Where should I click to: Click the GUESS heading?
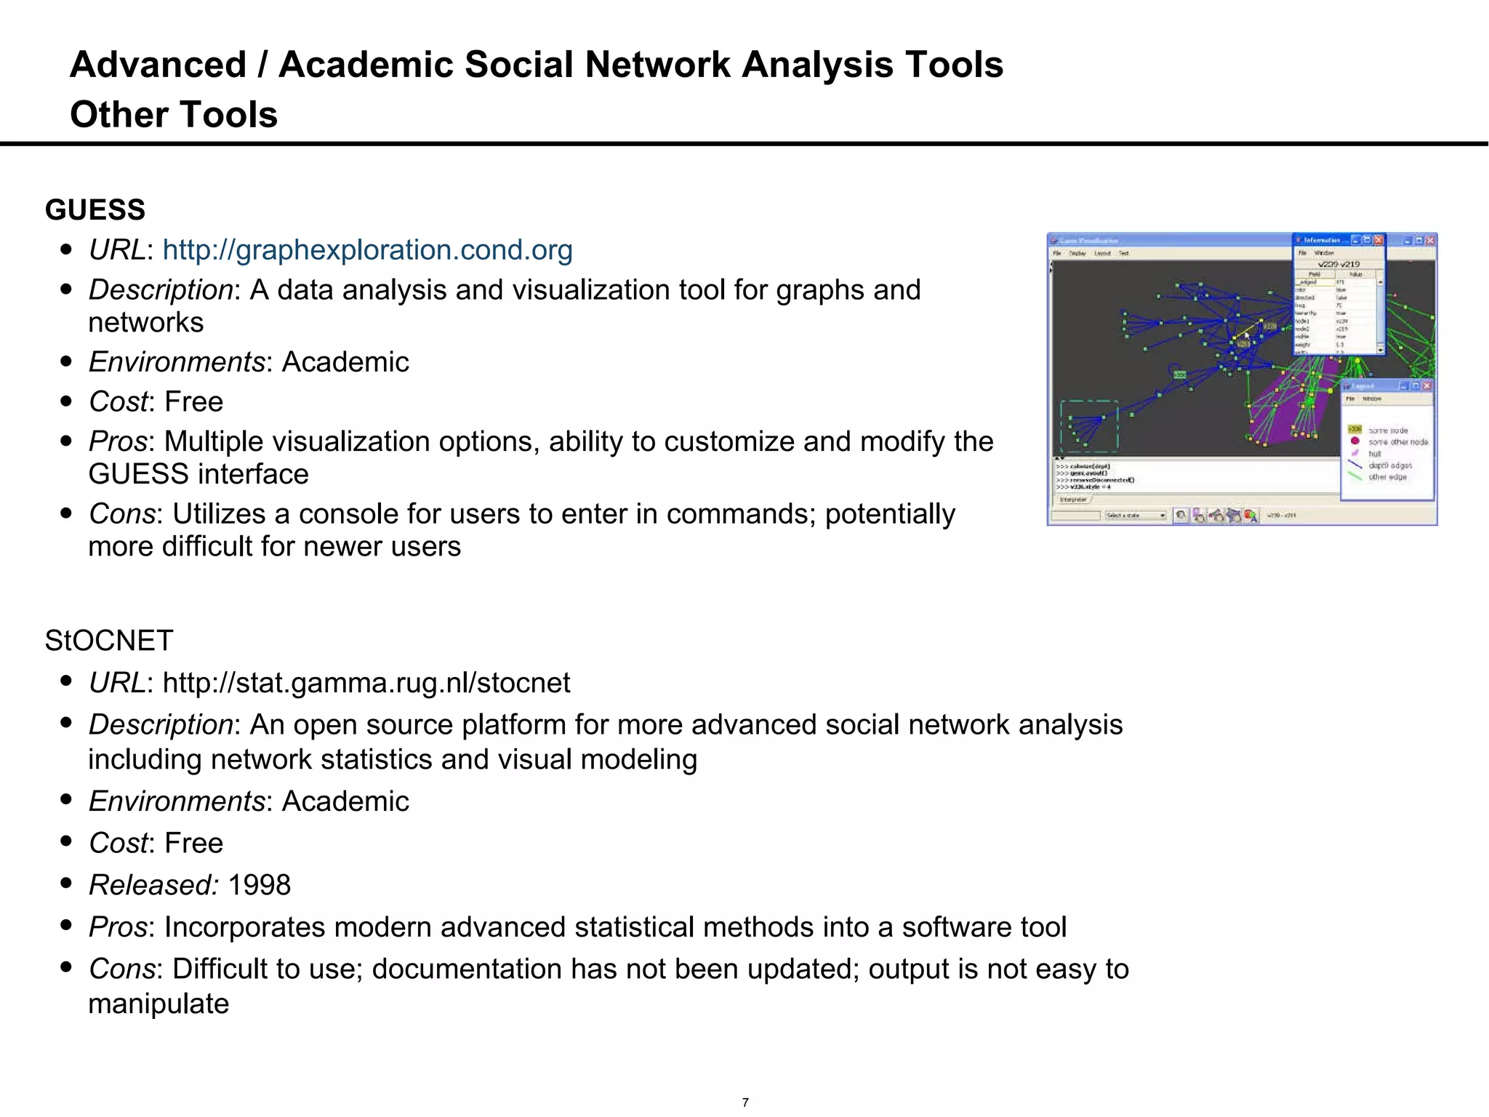(x=95, y=210)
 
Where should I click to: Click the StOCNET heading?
(x=109, y=641)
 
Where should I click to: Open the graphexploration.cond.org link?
(x=367, y=250)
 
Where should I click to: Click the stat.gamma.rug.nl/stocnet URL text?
(x=366, y=683)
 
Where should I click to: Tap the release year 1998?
(x=259, y=885)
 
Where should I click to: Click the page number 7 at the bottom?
(x=745, y=1102)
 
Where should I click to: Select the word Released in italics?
(x=152, y=885)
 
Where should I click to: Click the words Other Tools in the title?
(x=174, y=114)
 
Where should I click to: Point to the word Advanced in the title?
(x=158, y=65)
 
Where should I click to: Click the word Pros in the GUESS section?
(x=118, y=441)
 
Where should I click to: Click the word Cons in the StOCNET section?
(x=121, y=969)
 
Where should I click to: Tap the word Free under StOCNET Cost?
(x=193, y=844)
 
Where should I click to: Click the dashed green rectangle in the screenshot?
(x=1089, y=426)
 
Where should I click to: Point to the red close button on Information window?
(x=1378, y=240)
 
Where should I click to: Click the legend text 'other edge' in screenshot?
(x=1387, y=477)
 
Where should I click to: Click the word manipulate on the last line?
(x=158, y=1004)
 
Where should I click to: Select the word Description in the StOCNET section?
(x=161, y=725)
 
